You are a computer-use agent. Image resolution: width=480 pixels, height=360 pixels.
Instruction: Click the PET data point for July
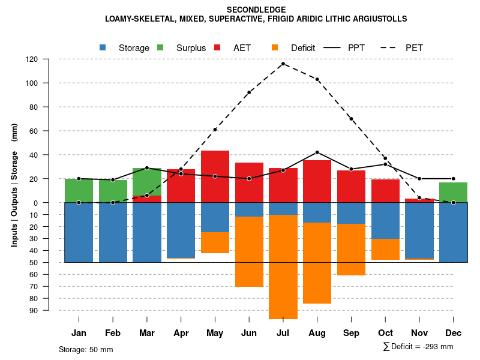click(283, 64)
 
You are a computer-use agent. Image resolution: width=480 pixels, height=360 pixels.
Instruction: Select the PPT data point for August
click(317, 152)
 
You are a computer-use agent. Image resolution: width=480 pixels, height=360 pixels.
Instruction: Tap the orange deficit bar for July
click(283, 266)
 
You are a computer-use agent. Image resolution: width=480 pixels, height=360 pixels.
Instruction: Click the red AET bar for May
click(215, 176)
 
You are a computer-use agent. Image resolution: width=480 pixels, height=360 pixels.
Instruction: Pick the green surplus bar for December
click(453, 193)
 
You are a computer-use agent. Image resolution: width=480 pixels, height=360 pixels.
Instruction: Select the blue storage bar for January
click(79, 232)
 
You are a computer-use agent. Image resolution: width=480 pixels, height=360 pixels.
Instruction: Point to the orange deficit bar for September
click(351, 250)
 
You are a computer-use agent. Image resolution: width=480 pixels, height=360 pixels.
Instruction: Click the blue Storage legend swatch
click(103, 47)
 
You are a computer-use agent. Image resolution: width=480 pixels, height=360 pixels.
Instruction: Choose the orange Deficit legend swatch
click(275, 47)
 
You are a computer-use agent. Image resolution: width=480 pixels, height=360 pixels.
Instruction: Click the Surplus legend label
click(191, 48)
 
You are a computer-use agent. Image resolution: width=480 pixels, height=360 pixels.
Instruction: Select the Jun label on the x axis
click(249, 333)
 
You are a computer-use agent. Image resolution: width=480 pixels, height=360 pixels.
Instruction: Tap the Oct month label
click(385, 333)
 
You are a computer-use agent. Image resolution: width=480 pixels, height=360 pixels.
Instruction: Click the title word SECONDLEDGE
click(256, 10)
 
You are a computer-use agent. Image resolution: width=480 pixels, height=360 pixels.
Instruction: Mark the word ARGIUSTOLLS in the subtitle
click(379, 19)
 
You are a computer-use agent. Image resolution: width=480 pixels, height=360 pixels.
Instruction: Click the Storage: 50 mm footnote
click(86, 349)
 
